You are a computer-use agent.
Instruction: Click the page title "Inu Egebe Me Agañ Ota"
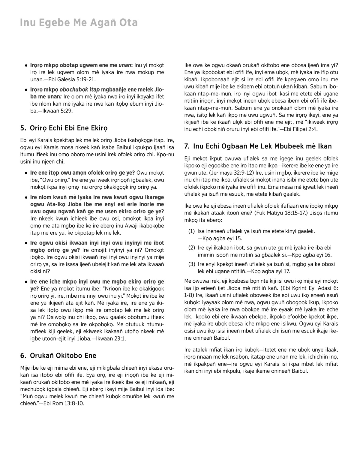point(79,23)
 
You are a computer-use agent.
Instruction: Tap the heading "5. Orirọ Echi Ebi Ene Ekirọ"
point(64,128)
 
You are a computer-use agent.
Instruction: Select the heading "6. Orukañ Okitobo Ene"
point(58,356)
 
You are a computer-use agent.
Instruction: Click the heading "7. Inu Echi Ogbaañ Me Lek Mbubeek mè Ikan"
point(258,146)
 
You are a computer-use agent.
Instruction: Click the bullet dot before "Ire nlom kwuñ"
point(26,197)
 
